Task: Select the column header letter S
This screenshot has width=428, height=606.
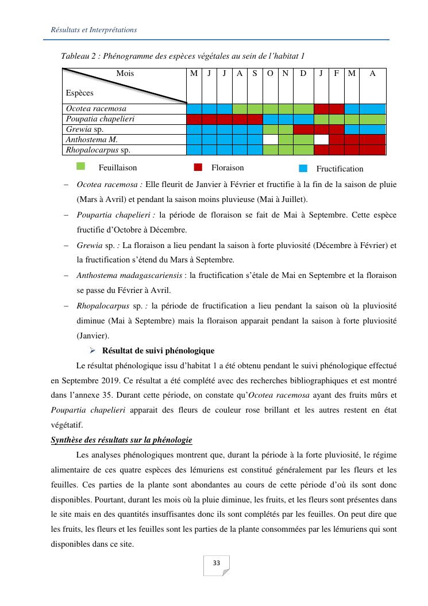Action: (x=255, y=74)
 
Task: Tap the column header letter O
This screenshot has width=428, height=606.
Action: (x=270, y=74)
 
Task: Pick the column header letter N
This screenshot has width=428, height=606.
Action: (x=285, y=74)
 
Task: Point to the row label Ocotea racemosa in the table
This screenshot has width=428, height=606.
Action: (x=96, y=109)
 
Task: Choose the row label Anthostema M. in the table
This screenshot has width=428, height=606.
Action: (x=92, y=140)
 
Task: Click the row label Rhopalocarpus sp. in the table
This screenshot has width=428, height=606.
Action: (x=98, y=150)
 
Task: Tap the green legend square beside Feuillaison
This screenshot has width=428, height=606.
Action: (x=81, y=167)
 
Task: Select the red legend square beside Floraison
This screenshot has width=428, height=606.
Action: (x=198, y=167)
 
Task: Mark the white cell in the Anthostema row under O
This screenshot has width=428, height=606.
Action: (x=270, y=140)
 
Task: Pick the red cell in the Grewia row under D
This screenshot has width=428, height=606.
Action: (x=303, y=129)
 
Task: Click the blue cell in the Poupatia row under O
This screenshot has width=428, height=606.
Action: (x=270, y=119)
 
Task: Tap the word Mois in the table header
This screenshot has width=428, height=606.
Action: (x=125, y=74)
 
